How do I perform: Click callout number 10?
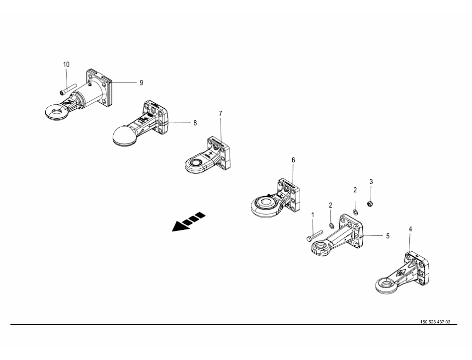(67, 65)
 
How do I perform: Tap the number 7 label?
(221, 114)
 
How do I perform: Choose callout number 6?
(293, 160)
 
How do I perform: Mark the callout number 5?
(388, 236)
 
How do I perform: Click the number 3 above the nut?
(371, 181)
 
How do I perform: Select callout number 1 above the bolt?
(313, 215)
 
